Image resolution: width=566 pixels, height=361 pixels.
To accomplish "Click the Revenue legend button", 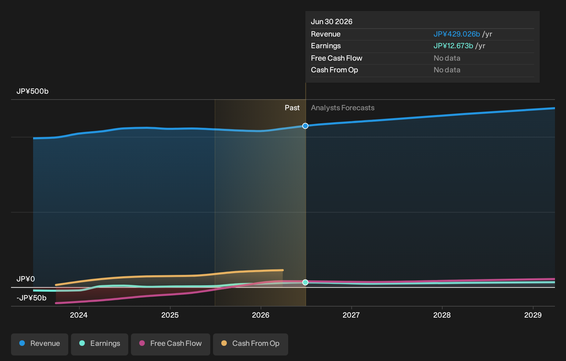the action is [x=39, y=344].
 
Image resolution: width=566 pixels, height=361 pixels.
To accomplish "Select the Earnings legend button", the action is [x=100, y=344].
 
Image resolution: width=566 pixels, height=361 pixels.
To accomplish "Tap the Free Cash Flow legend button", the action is [x=171, y=344].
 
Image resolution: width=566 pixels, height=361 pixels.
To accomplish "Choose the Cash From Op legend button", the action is [x=250, y=344].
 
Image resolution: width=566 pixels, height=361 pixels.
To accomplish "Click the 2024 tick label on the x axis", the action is [x=79, y=315].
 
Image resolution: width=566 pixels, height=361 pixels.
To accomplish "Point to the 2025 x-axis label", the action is [x=170, y=315].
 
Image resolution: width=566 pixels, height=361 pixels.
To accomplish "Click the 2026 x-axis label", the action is [x=261, y=315].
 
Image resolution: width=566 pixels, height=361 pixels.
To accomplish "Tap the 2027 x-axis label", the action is [x=351, y=315].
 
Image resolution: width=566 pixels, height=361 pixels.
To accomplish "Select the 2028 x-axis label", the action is [x=442, y=315].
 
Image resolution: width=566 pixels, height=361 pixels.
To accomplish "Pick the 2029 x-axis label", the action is [x=533, y=315].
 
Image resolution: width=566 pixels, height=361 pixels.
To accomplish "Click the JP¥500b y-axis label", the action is [x=32, y=91].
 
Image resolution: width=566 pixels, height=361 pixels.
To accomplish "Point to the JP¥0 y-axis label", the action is [x=26, y=279].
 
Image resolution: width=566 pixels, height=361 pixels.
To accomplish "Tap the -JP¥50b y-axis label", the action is [x=31, y=298].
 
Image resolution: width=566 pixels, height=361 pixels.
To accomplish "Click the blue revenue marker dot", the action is [x=305, y=126].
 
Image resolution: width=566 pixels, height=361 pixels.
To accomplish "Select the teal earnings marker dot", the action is [x=305, y=282].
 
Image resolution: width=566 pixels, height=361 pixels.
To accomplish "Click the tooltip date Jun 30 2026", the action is [x=332, y=22].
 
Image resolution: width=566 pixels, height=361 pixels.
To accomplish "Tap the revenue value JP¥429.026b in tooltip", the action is [x=457, y=34].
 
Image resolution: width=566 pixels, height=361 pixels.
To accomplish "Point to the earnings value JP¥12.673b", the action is [x=453, y=46].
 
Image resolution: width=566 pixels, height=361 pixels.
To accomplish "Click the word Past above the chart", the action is [x=292, y=108].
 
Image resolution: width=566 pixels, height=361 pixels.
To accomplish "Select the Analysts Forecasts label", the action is [x=343, y=108].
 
